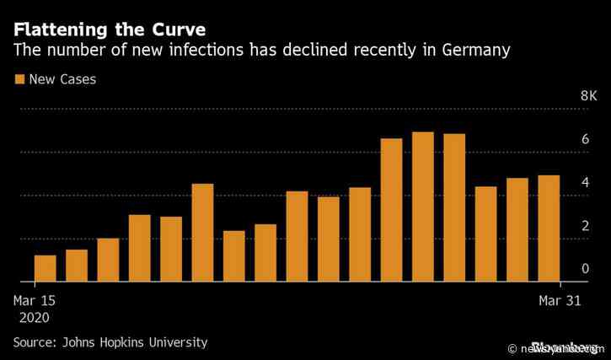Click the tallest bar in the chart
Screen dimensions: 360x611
[x=423, y=207]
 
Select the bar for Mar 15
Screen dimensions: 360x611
[x=46, y=268]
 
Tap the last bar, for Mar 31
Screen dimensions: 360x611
[x=549, y=228]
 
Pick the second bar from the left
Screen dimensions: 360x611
[x=77, y=266]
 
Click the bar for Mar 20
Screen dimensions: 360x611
[x=202, y=233]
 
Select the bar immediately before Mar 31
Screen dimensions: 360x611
[x=517, y=229]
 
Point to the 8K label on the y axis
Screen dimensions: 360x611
[x=565, y=97]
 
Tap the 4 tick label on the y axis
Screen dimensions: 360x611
[x=561, y=183]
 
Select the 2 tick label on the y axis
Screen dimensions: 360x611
[x=561, y=226]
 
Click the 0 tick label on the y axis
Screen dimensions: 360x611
[x=561, y=269]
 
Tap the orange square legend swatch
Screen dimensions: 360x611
[x=19, y=80]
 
